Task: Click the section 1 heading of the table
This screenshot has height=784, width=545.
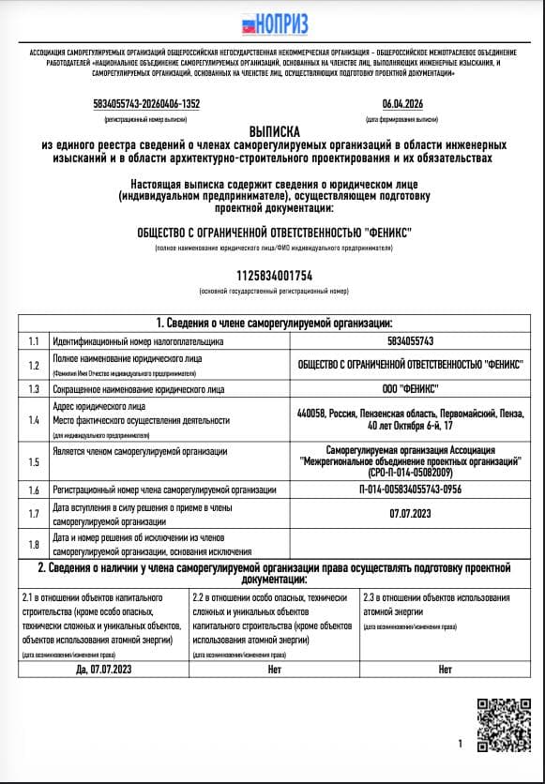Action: (x=273, y=322)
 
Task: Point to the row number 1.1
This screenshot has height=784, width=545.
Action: (x=35, y=341)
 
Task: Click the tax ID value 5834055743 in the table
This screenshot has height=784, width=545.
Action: (x=410, y=341)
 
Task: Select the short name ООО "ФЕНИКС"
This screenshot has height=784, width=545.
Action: (x=410, y=388)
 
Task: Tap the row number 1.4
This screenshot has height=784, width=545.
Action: (x=35, y=421)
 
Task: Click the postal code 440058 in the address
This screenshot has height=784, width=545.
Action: (x=310, y=413)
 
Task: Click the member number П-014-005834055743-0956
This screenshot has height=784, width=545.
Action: (x=410, y=490)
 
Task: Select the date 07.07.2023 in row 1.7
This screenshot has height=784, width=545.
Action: (x=410, y=513)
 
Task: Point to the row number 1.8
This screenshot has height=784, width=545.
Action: (x=35, y=544)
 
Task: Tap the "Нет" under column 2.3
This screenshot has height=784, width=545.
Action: (x=445, y=670)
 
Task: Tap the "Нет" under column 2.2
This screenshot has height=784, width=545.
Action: (x=274, y=670)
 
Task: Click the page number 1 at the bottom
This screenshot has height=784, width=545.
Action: (x=460, y=744)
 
